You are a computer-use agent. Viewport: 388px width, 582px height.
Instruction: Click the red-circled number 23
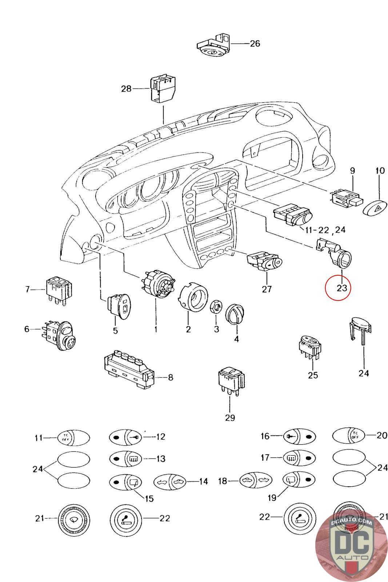pos(342,288)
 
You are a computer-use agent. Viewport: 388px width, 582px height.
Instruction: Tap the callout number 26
pos(255,44)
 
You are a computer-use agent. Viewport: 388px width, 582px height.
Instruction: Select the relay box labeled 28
pos(163,89)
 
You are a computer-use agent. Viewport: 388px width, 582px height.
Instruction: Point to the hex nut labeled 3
pos(216,307)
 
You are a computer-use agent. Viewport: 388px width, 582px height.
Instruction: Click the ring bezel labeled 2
pos(192,296)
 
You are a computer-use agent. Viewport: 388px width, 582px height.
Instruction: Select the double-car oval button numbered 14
pos(170,482)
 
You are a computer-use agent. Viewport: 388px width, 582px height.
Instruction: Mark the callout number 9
pos(352,170)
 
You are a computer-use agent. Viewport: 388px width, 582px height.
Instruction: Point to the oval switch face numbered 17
pos(299,458)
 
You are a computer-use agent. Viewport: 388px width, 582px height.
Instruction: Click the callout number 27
pos(267,289)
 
